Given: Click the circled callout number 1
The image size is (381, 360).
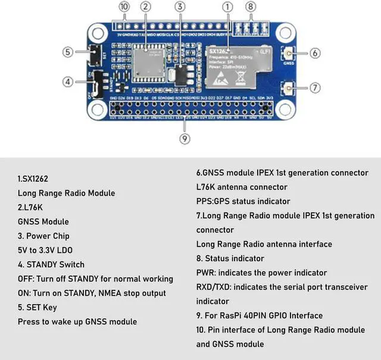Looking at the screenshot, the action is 227,7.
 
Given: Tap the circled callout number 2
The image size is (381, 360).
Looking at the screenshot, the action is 145,7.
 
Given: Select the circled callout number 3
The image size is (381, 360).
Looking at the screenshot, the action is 179,7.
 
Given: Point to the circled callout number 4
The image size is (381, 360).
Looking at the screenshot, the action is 68,82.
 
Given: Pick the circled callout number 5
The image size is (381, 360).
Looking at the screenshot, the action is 68,52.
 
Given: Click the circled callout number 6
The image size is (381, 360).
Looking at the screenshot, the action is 315,53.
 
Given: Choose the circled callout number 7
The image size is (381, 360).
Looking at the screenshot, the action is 315,87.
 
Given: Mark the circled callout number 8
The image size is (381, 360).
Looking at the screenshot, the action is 251,7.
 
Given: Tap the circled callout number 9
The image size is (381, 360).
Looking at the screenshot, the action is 185,139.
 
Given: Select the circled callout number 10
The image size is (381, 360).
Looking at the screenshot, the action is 124,7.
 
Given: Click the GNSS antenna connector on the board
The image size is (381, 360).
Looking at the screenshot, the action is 291,53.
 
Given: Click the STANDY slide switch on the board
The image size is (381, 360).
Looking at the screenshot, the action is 96,85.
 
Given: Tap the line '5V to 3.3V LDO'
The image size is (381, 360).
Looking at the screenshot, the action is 45,250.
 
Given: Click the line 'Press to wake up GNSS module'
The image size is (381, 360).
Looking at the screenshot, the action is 77,321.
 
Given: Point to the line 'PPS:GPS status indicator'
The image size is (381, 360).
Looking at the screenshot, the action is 243,201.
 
